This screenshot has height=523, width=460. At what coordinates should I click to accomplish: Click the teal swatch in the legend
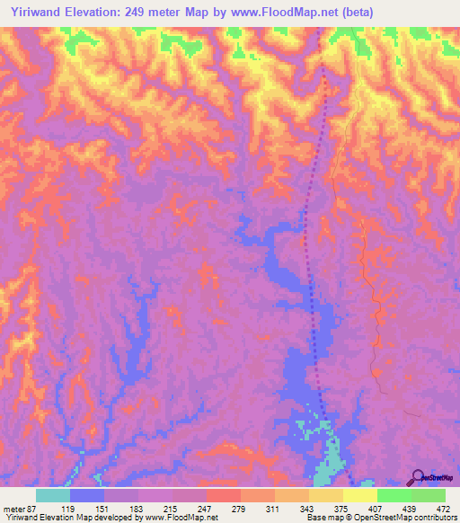click(x=53, y=495)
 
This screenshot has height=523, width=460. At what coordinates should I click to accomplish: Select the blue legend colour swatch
click(x=87, y=495)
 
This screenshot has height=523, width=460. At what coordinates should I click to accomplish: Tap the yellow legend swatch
click(x=360, y=495)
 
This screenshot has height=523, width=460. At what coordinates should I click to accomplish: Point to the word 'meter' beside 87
click(x=15, y=510)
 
